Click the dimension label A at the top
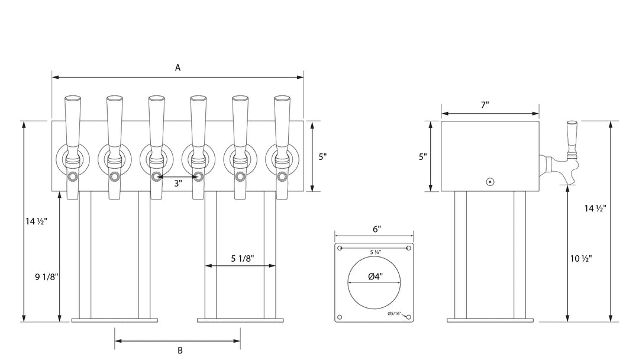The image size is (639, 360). click(177, 67)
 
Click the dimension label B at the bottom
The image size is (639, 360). click(180, 350)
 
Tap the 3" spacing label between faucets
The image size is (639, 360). click(177, 184)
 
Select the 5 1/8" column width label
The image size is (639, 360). click(243, 258)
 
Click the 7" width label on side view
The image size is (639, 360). click(485, 105)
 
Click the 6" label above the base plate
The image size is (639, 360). click(376, 229)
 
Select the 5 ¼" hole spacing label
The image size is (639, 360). click(375, 252)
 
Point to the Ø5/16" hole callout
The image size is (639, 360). click(395, 313)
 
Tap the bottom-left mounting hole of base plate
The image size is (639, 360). click(340, 318)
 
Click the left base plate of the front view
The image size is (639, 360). click(115, 320)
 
